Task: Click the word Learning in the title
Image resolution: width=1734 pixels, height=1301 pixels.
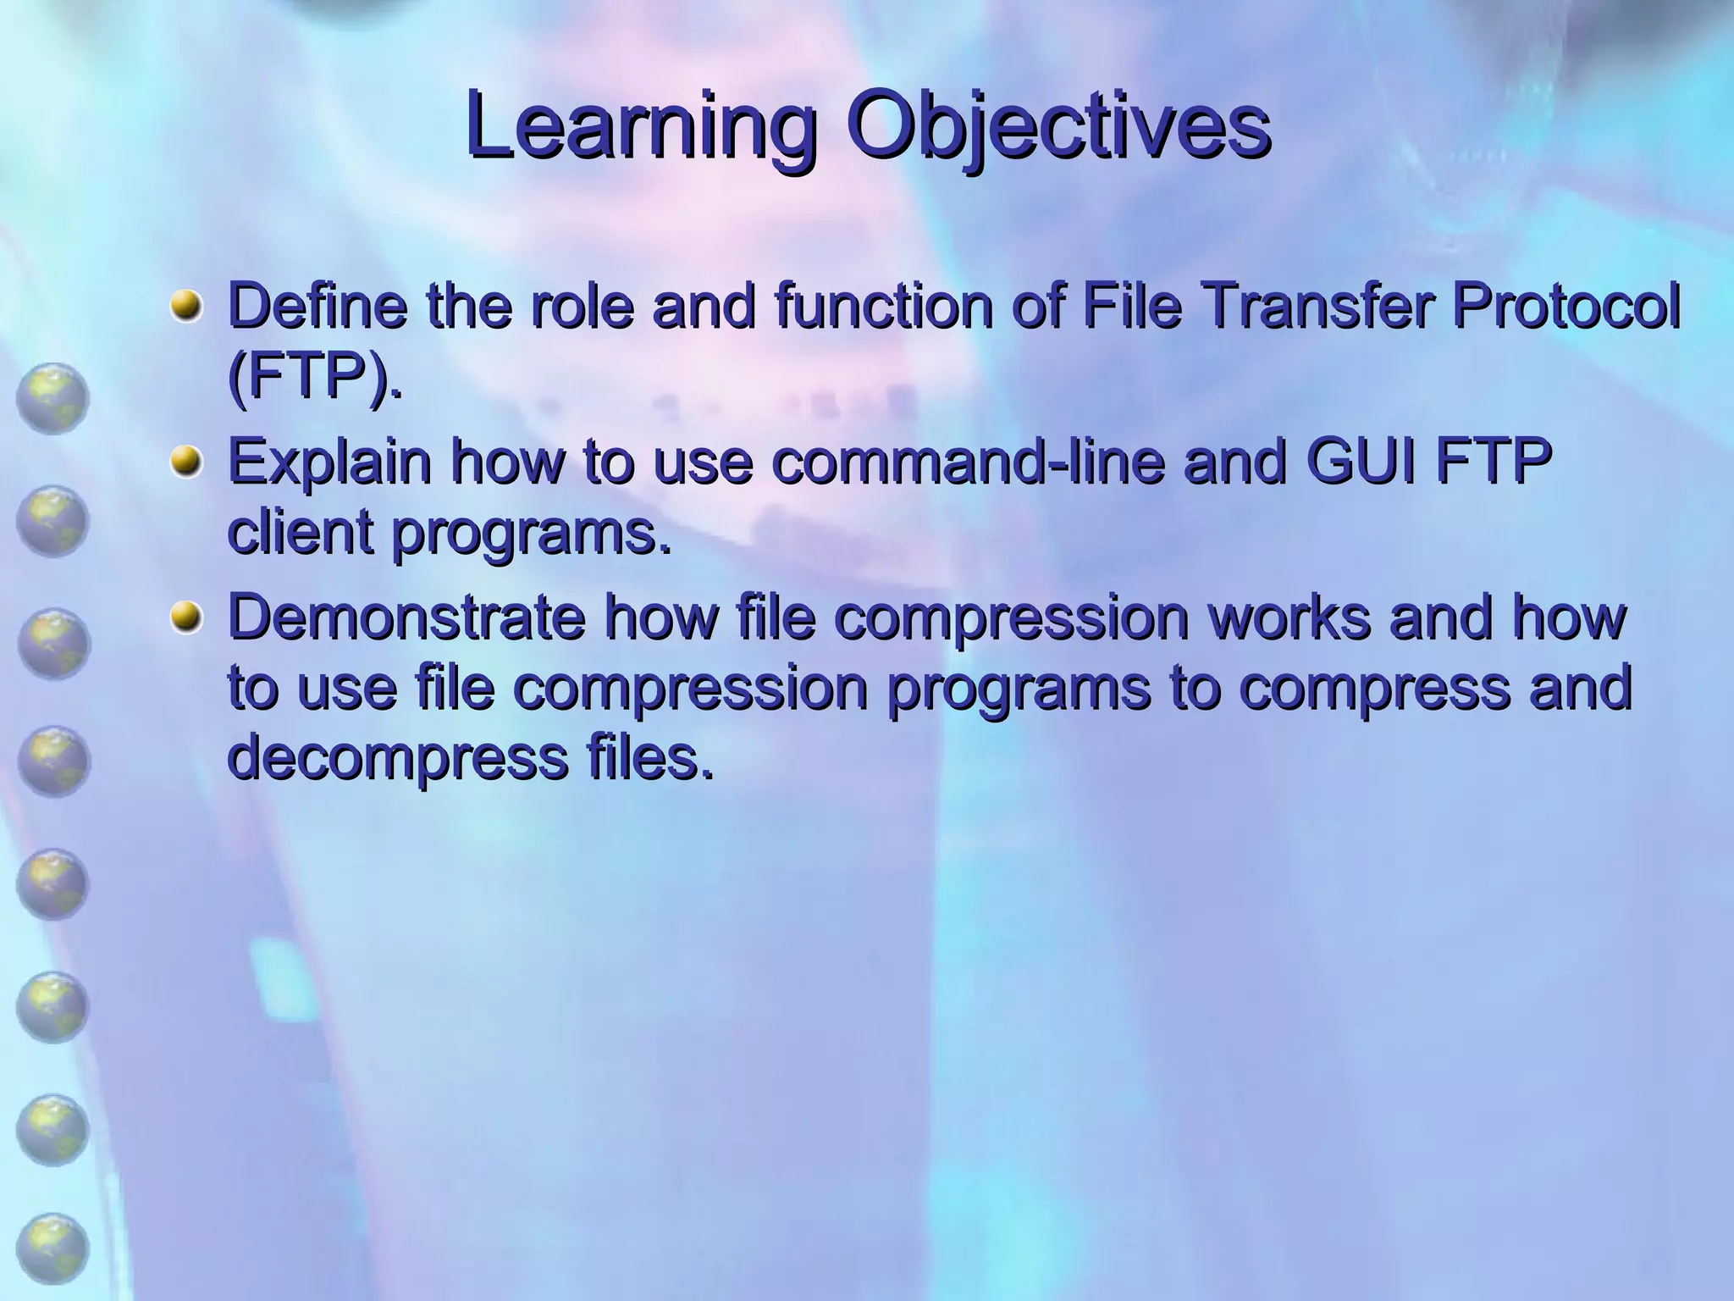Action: (x=641, y=127)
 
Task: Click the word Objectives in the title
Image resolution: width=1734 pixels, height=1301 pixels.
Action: (x=1058, y=127)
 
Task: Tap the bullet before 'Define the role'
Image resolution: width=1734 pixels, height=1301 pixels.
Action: (x=186, y=307)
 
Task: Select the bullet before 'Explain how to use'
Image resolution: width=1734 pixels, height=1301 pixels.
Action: (x=186, y=462)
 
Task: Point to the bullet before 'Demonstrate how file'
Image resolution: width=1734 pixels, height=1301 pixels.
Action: (x=186, y=618)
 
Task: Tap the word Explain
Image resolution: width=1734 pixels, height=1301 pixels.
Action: (x=330, y=462)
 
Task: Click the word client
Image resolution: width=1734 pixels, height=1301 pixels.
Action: (x=301, y=533)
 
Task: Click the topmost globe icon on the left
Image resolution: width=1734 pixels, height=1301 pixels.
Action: (x=52, y=398)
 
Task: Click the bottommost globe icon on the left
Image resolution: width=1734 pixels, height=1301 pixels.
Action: (x=52, y=1249)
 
